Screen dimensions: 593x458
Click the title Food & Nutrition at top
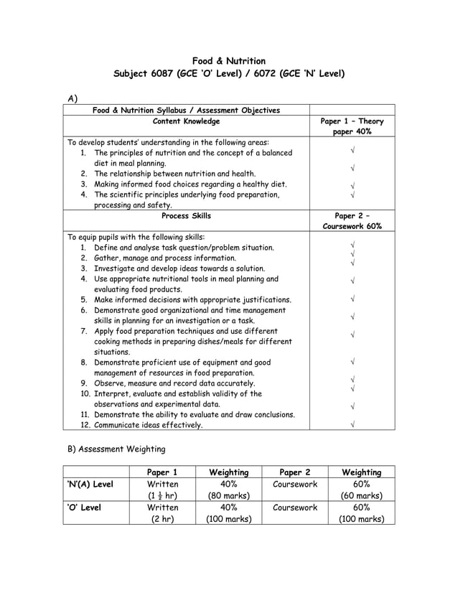click(229, 61)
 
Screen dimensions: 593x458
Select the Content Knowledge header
click(186, 121)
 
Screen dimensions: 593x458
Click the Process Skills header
click(186, 216)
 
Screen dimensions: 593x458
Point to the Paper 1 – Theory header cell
click(351, 126)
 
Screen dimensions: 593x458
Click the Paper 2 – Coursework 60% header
click(351, 221)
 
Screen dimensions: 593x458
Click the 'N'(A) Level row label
click(90, 485)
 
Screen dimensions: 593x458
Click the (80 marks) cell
click(228, 495)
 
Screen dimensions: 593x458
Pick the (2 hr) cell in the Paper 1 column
click(162, 519)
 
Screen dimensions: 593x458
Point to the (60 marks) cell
click(361, 495)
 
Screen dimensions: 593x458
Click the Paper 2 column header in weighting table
click(294, 472)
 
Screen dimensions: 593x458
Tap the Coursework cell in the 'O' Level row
click(294, 508)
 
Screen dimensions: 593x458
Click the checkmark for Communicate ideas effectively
click(352, 425)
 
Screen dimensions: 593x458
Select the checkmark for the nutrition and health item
click(352, 170)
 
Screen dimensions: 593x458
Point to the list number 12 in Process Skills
click(84, 425)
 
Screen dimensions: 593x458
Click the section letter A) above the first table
click(72, 98)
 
